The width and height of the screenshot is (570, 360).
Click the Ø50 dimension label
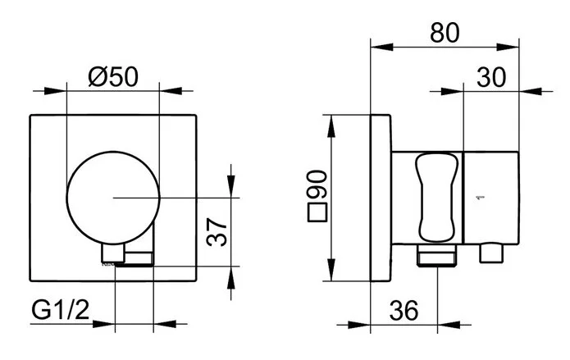113,77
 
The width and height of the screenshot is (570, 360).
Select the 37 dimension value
217,232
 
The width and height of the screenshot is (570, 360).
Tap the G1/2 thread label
61,311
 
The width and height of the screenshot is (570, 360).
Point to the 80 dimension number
445,32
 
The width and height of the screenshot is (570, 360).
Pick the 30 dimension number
491,77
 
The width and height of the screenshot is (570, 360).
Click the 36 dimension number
404,311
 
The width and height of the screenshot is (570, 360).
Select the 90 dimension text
317,184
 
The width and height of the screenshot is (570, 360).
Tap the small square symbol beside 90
317,212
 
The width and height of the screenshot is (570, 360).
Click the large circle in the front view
113,152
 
